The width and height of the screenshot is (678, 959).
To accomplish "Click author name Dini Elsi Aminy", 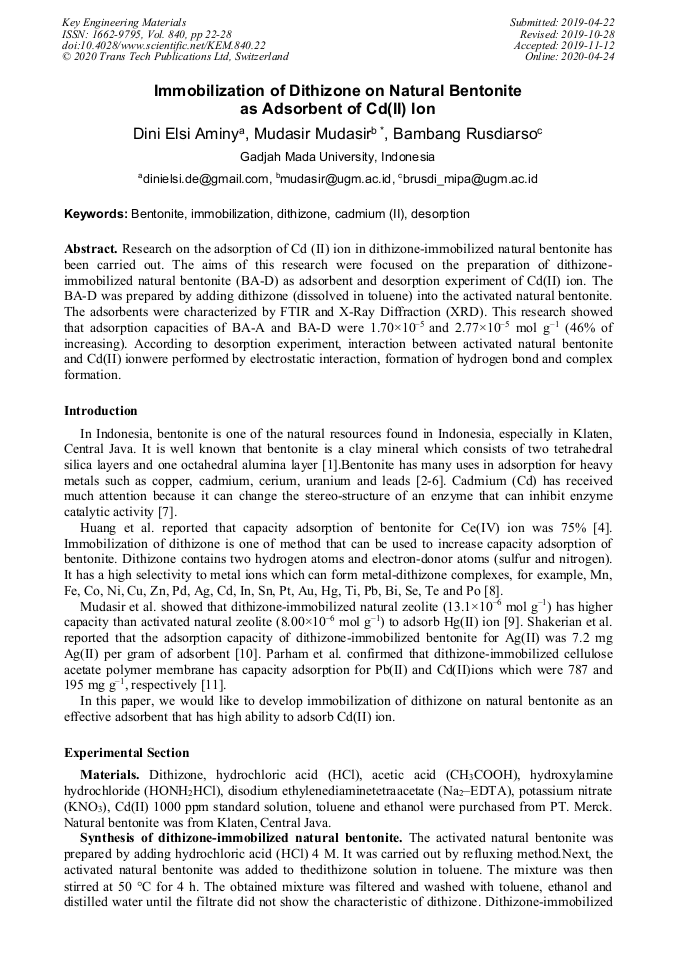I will click(188, 134).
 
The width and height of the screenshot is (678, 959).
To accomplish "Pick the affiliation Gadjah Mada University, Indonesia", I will click(338, 157).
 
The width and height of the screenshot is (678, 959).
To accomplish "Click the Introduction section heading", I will click(101, 411).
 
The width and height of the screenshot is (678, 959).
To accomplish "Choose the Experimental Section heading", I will click(126, 753).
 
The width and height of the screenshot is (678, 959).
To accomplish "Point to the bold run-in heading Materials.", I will click(111, 775).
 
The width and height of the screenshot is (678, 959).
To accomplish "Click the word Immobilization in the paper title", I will click(207, 91).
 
